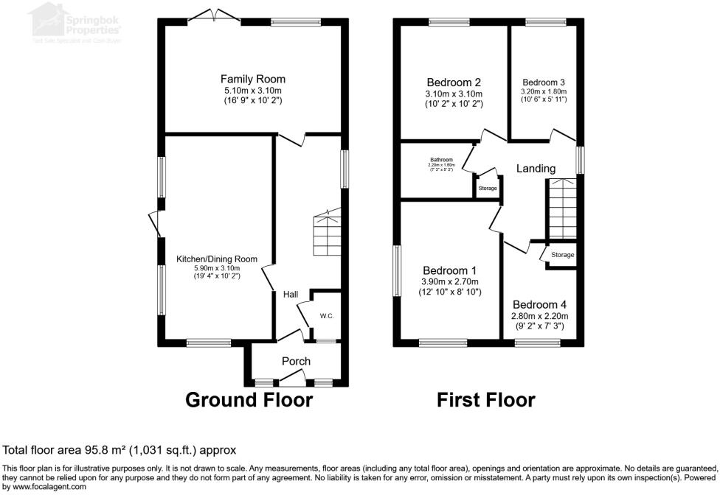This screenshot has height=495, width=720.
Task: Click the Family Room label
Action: [x=253, y=79]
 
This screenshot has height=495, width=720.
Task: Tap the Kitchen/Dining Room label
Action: [x=216, y=259]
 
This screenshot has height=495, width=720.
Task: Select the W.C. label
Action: [x=327, y=316]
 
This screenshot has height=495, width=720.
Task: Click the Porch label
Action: [x=296, y=361]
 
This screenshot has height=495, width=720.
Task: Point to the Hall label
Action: [x=290, y=295]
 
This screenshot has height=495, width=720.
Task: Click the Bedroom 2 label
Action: [x=454, y=82]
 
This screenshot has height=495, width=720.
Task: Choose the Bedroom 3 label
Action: [x=544, y=82]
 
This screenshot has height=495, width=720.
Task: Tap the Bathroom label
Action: [x=441, y=159]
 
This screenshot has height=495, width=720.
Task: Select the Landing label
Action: [x=536, y=169]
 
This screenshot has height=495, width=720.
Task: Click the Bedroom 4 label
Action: [x=541, y=304]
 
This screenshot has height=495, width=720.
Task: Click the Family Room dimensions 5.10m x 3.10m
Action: [x=253, y=91]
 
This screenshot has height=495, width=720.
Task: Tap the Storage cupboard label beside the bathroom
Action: [x=488, y=189]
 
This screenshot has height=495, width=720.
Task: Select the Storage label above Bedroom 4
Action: [x=562, y=255]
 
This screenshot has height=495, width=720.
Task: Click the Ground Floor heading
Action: [x=249, y=400]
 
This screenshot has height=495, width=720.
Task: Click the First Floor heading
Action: [x=485, y=400]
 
